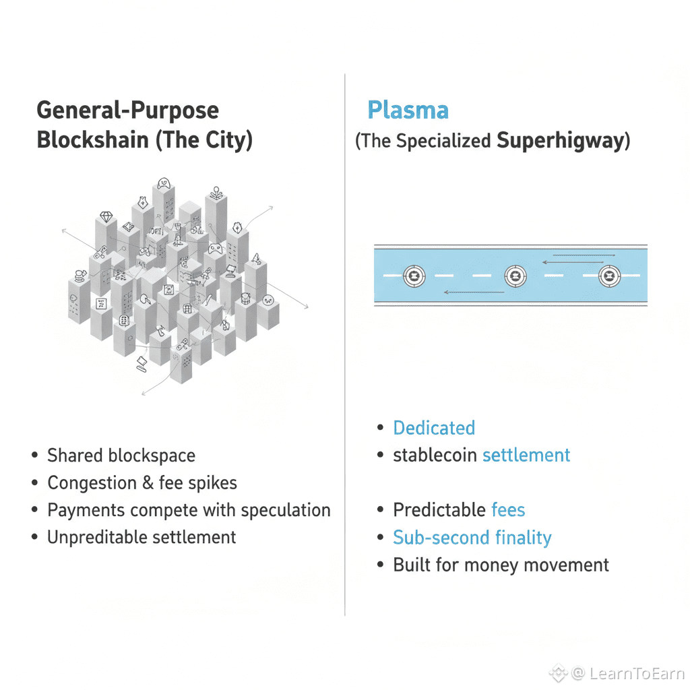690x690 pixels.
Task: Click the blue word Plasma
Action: (408, 110)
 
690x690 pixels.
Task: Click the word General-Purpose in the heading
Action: (127, 110)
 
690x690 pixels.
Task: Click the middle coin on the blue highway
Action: (515, 276)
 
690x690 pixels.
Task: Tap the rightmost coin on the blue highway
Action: (609, 276)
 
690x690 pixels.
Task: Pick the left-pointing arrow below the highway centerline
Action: (474, 292)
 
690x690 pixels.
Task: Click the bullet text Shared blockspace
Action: (121, 456)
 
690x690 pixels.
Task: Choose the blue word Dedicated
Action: (434, 428)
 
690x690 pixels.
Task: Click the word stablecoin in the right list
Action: (435, 456)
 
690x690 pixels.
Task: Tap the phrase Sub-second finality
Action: (472, 538)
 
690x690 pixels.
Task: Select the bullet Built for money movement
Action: (501, 565)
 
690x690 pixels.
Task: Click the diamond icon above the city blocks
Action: (106, 217)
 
